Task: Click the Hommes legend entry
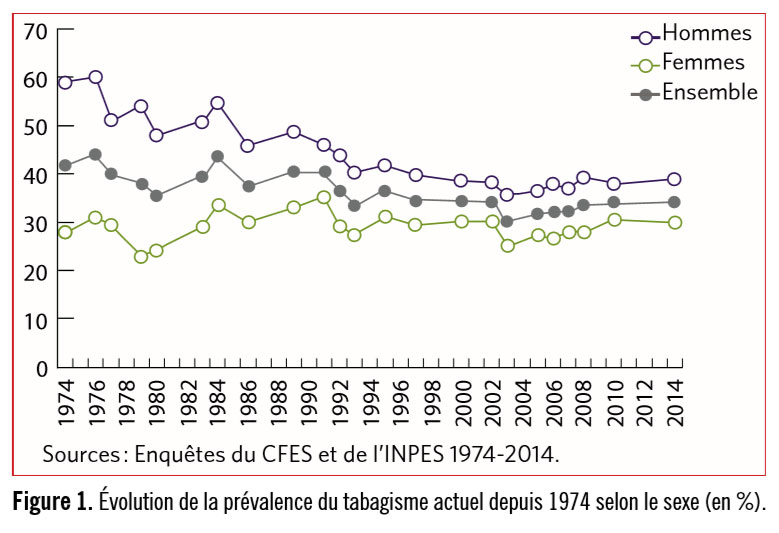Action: pyautogui.click(x=706, y=33)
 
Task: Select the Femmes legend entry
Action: pyautogui.click(x=703, y=63)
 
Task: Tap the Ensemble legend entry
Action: pyautogui.click(x=709, y=92)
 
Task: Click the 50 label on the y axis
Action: pyautogui.click(x=36, y=127)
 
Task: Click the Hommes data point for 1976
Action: pyautogui.click(x=96, y=77)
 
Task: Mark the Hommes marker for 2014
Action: pyautogui.click(x=675, y=179)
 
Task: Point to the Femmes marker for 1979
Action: pyautogui.click(x=141, y=256)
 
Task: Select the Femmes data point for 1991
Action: pyautogui.click(x=323, y=197)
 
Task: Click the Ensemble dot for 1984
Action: pyautogui.click(x=217, y=156)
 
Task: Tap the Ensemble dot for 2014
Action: pyautogui.click(x=675, y=202)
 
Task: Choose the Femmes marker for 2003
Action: pyautogui.click(x=508, y=245)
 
